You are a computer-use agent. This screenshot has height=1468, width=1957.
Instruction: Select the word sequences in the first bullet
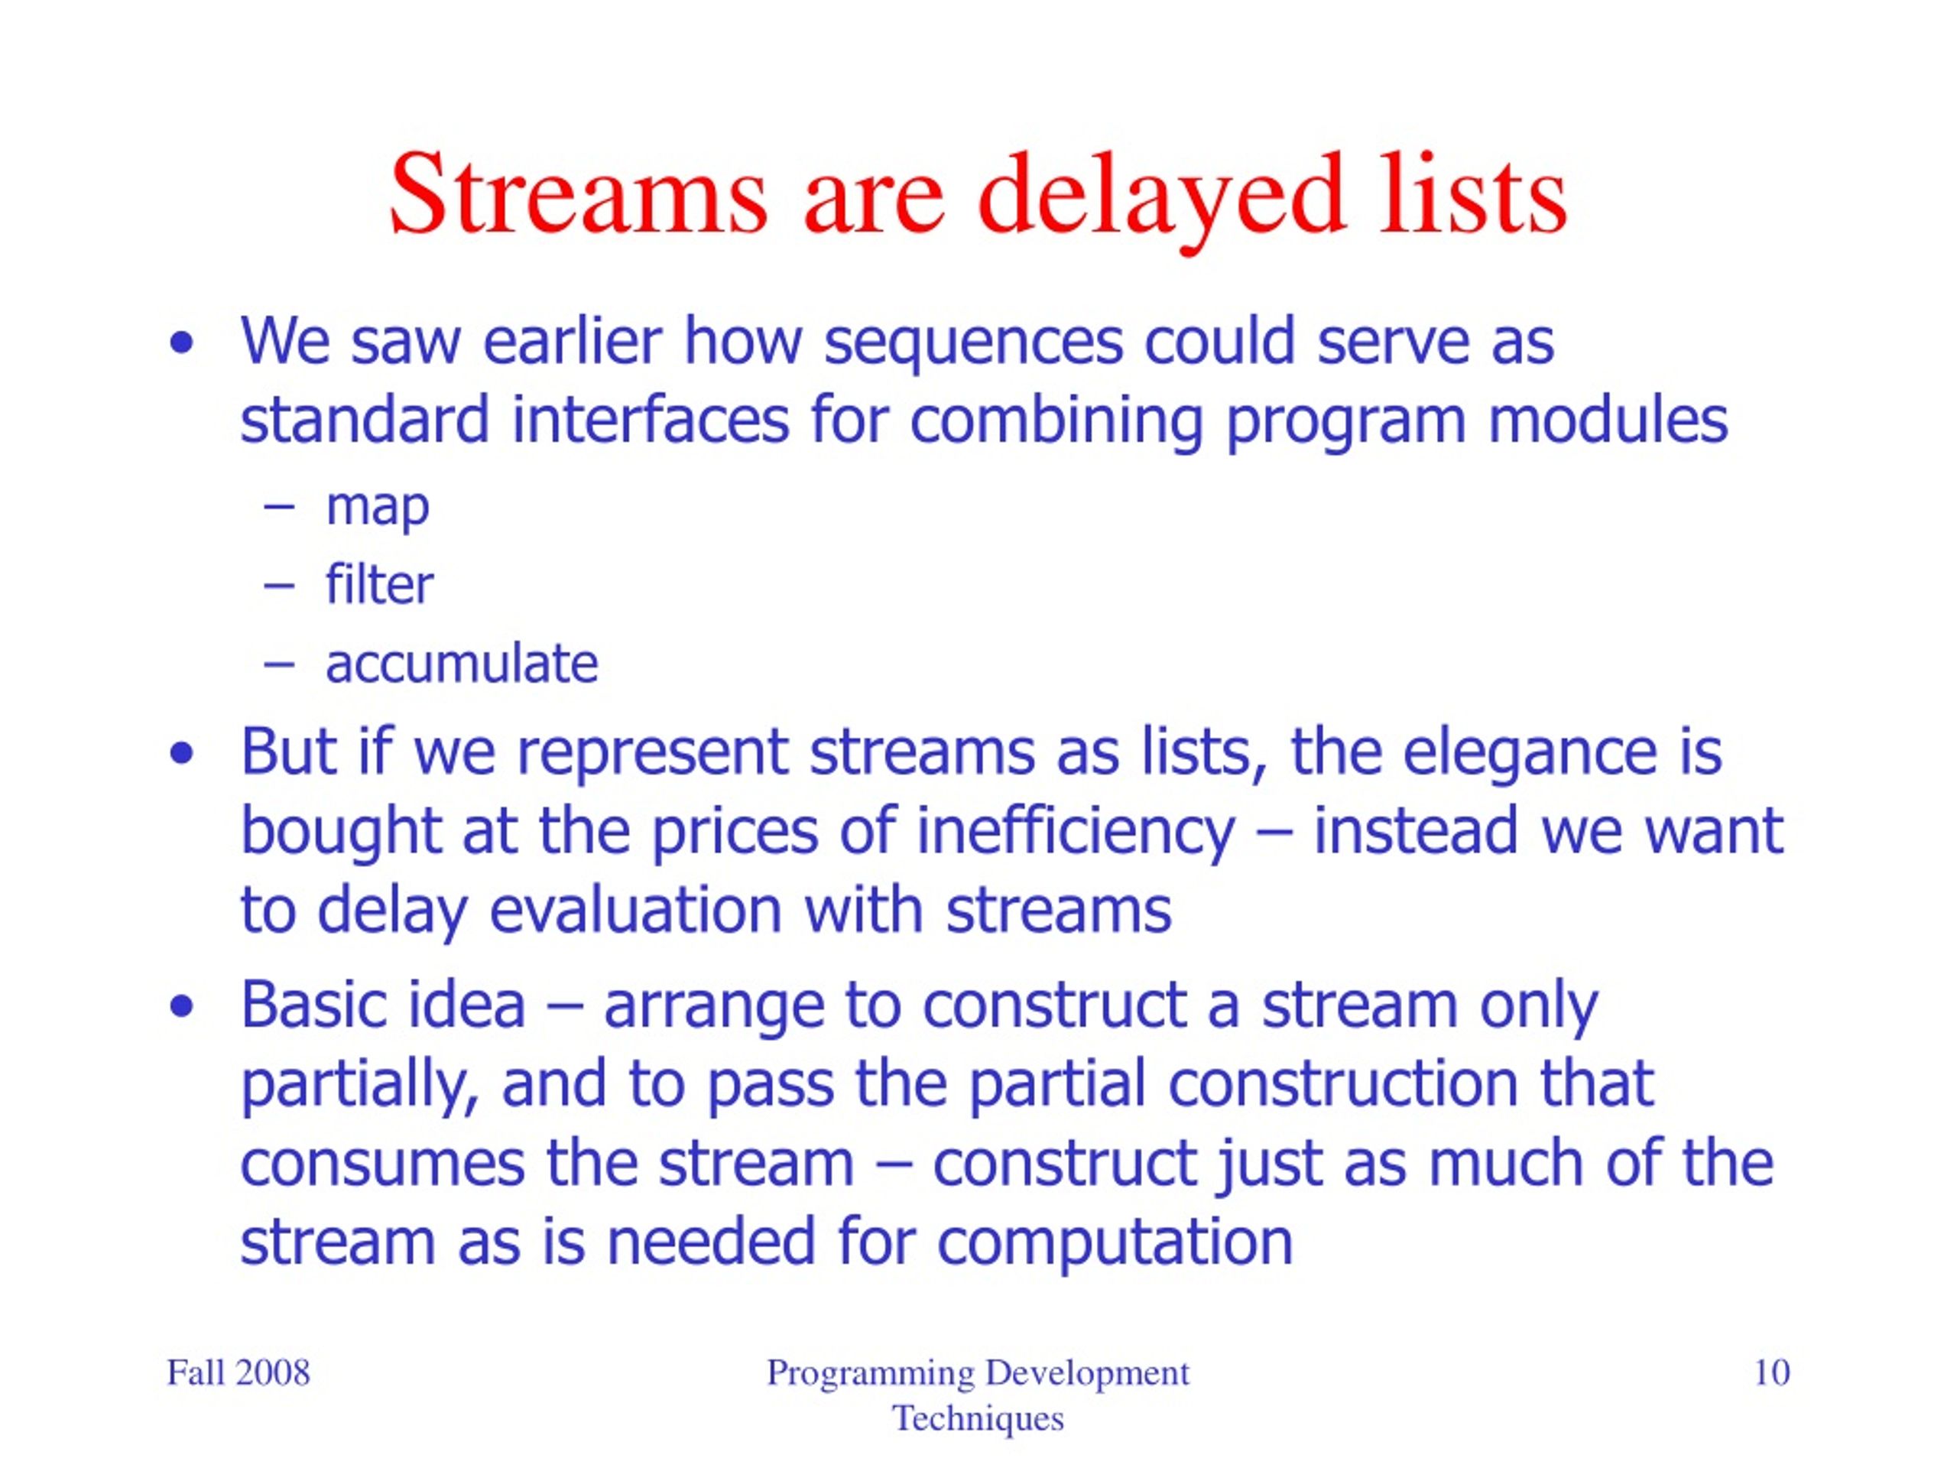coord(974,345)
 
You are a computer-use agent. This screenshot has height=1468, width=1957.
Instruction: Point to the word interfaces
coord(651,420)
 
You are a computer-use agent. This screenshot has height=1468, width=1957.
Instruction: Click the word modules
coord(1608,420)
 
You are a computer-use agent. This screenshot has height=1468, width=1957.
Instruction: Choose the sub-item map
coord(378,508)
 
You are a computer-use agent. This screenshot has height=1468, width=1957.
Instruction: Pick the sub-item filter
coord(379,584)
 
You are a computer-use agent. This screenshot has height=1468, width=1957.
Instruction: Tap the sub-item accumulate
coord(462,664)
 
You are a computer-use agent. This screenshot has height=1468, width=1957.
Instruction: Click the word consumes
coord(382,1165)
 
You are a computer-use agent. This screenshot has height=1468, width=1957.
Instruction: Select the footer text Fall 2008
coord(238,1373)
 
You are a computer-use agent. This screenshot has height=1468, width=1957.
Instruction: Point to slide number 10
coord(1771,1373)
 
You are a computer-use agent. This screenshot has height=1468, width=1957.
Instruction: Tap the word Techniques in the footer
coord(978,1419)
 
